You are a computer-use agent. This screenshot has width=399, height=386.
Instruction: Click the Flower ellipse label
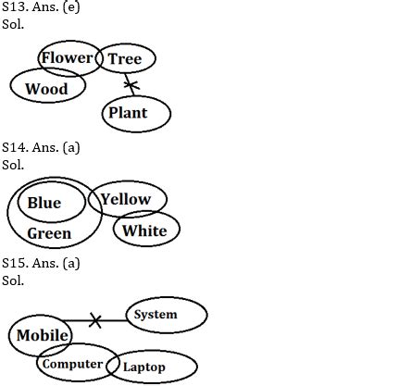click(68, 58)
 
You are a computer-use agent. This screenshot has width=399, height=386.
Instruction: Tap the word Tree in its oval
click(125, 59)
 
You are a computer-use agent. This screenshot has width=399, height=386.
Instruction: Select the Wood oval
click(46, 89)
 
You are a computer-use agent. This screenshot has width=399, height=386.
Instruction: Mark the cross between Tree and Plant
click(131, 87)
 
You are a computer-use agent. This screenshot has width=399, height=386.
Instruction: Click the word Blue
click(44, 203)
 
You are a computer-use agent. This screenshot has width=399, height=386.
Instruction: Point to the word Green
click(49, 233)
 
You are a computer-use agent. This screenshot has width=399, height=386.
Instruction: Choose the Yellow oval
click(126, 199)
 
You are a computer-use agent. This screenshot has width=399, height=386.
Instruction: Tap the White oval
click(145, 230)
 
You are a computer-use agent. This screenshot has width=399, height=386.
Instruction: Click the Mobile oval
click(42, 335)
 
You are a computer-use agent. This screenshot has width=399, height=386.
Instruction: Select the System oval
click(155, 315)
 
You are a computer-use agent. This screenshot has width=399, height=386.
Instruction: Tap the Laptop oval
click(144, 367)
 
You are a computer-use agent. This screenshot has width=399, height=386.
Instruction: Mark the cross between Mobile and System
click(94, 321)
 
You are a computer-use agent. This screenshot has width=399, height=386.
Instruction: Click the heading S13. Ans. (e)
click(41, 7)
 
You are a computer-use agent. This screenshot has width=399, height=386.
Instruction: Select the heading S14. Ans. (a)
click(41, 147)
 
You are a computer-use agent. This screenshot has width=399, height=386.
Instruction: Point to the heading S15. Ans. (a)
click(41, 263)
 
